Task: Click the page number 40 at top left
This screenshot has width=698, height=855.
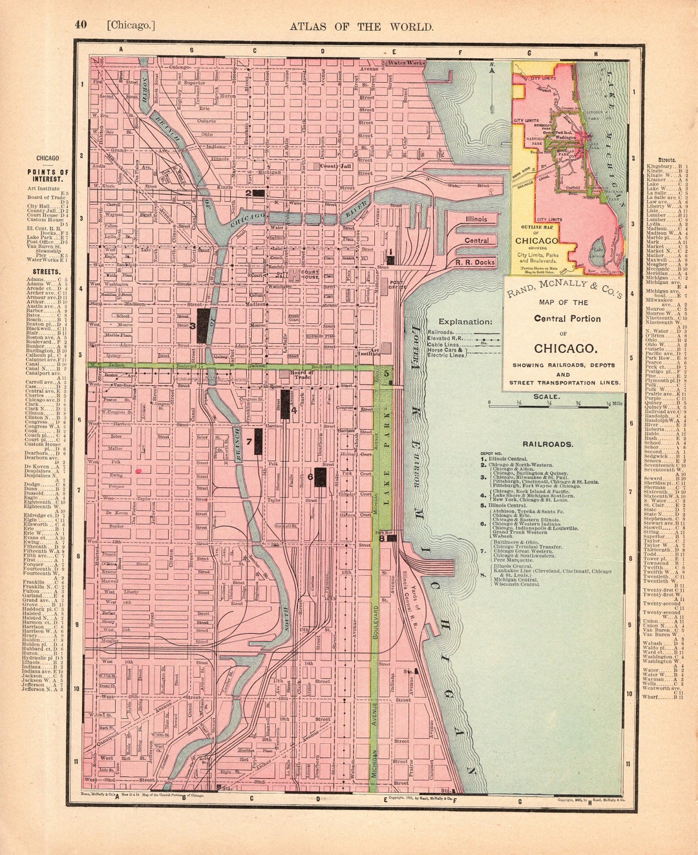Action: (80, 25)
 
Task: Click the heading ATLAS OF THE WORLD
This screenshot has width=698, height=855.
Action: (361, 26)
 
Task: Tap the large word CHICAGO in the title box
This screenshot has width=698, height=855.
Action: (564, 348)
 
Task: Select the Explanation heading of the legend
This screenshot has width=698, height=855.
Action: (465, 321)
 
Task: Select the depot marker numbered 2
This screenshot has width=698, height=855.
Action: (259, 193)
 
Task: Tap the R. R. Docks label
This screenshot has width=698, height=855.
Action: (475, 262)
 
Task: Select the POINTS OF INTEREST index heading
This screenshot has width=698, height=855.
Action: (48, 176)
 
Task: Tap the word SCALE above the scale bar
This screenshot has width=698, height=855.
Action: (547, 396)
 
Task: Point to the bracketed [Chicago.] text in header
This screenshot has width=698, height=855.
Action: (131, 26)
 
